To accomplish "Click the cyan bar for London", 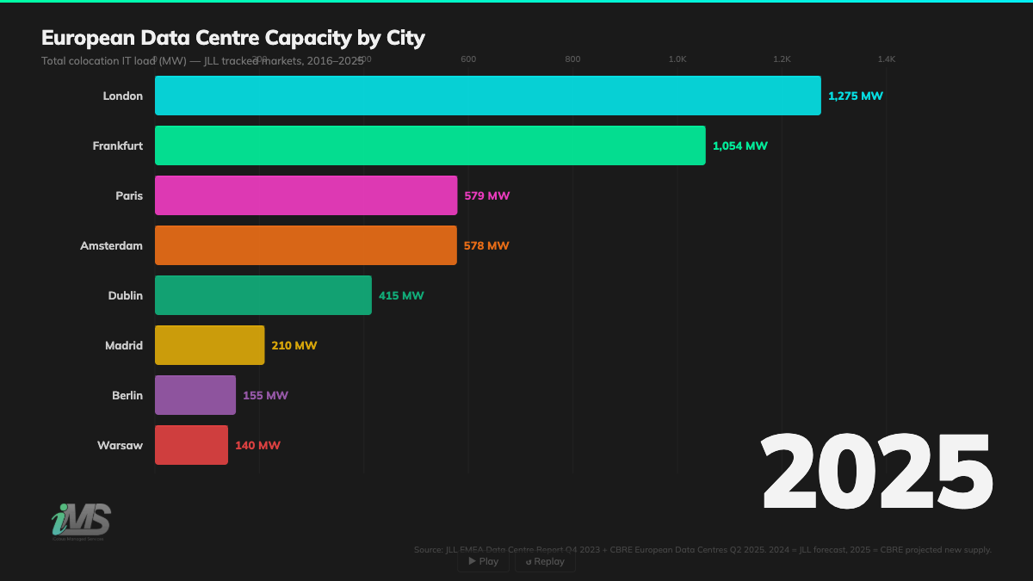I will pos(487,96).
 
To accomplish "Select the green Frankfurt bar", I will pos(430,145).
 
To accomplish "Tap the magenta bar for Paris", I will pos(306,195).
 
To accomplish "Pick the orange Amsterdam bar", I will pos(306,245).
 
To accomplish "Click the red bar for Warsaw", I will pos(191,445).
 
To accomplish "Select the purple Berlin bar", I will pos(195,395).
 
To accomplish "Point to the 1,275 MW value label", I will pos(855,96).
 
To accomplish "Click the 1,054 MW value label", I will pos(739,145).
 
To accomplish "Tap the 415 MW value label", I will pos(401,295).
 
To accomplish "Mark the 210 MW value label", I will pos(294,345).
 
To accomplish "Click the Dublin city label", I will pos(125,295).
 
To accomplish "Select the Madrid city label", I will pos(123,345).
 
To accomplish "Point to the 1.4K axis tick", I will pos(886,59).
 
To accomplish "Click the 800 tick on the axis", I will pos(572,59).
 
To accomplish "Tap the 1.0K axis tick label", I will pos(677,59).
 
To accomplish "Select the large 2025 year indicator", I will pos(876,473).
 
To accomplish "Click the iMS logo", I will pos(81,521).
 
